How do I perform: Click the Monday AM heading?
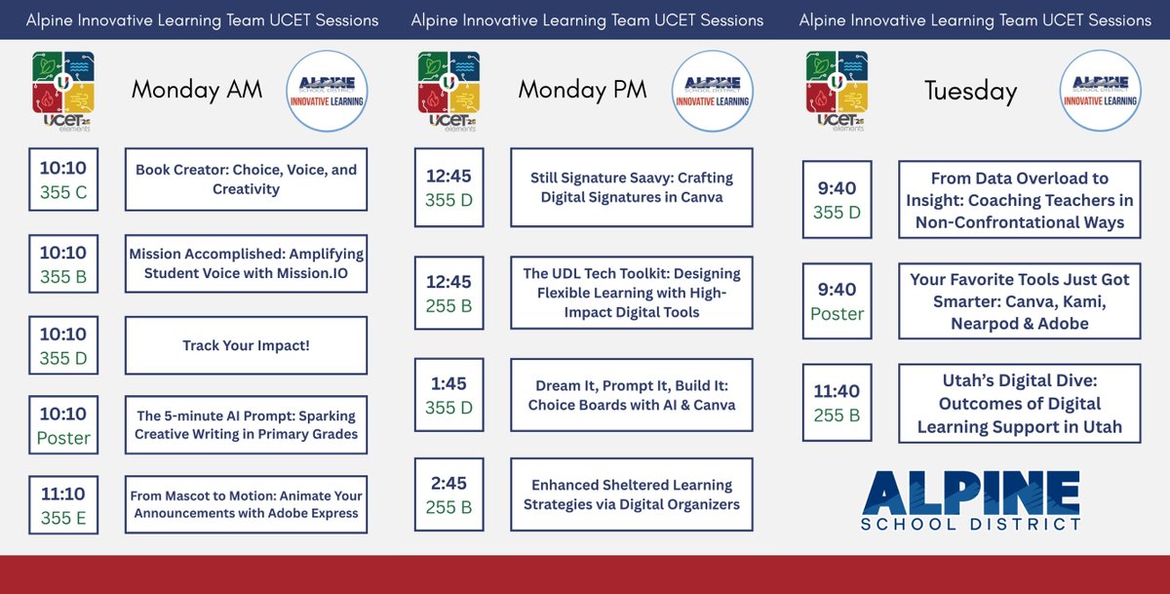click(x=197, y=90)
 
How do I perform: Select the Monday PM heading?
click(x=582, y=90)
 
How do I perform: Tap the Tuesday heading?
click(x=970, y=91)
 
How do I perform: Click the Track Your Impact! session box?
click(x=246, y=345)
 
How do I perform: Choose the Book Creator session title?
click(x=246, y=179)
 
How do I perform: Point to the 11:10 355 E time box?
click(x=63, y=505)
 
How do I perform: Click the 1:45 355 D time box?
click(x=448, y=394)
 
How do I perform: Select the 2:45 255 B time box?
click(x=448, y=494)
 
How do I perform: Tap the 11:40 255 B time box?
click(x=837, y=402)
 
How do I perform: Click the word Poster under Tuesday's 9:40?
click(x=837, y=313)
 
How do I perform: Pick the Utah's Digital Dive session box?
click(x=1019, y=403)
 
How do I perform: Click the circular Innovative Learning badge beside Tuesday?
click(x=1100, y=91)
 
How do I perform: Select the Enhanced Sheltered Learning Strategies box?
click(x=632, y=495)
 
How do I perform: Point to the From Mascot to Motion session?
click(x=246, y=504)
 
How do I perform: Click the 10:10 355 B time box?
click(x=63, y=264)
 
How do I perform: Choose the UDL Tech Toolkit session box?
click(x=632, y=293)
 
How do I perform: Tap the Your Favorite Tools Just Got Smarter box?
click(x=1019, y=300)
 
